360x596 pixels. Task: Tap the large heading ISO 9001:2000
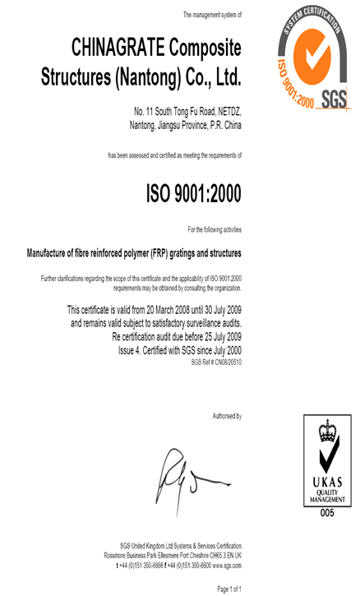point(193,195)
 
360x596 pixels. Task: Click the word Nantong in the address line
point(147,125)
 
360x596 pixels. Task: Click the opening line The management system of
point(212,15)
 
